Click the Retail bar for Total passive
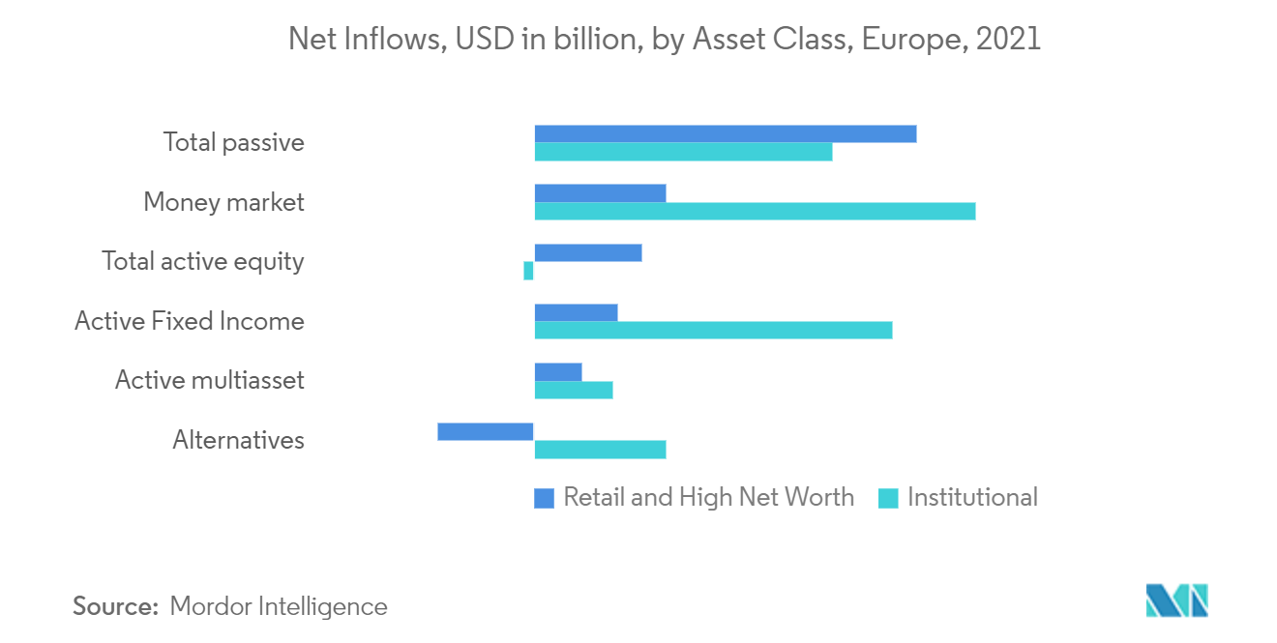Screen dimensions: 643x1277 [x=725, y=133]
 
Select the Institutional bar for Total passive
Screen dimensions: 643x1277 [x=683, y=152]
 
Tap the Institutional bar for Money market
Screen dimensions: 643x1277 [x=755, y=211]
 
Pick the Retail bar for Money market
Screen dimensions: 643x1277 [x=600, y=192]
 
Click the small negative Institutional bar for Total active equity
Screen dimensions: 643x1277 [x=528, y=271]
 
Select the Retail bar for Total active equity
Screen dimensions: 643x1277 [x=587, y=252]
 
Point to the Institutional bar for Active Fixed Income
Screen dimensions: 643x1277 [x=713, y=330]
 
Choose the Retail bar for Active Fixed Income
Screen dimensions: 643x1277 [x=576, y=312]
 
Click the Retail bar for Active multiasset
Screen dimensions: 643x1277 [x=558, y=371]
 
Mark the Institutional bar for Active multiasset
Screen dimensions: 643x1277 [x=574, y=390]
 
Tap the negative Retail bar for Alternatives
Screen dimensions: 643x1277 [x=486, y=431]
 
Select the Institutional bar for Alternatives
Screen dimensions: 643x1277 [x=600, y=450]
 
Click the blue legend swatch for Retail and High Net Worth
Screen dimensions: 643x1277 [x=544, y=498]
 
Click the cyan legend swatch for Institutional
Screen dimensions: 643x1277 [x=887, y=498]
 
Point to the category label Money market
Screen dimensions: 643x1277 [x=223, y=202]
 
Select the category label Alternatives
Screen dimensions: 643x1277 [x=238, y=440]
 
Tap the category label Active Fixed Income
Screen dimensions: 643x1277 [x=190, y=321]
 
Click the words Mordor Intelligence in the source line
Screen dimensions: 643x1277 [x=279, y=606]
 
